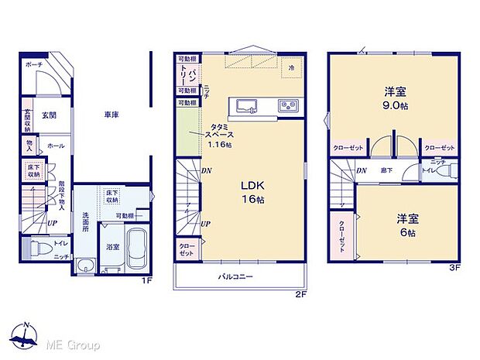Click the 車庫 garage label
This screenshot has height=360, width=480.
[111, 115]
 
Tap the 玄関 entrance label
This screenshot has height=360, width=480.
[49, 115]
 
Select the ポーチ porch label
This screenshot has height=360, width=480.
[33, 64]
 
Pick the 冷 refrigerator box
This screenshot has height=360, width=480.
[292, 67]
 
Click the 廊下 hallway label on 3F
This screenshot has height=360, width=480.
[383, 170]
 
